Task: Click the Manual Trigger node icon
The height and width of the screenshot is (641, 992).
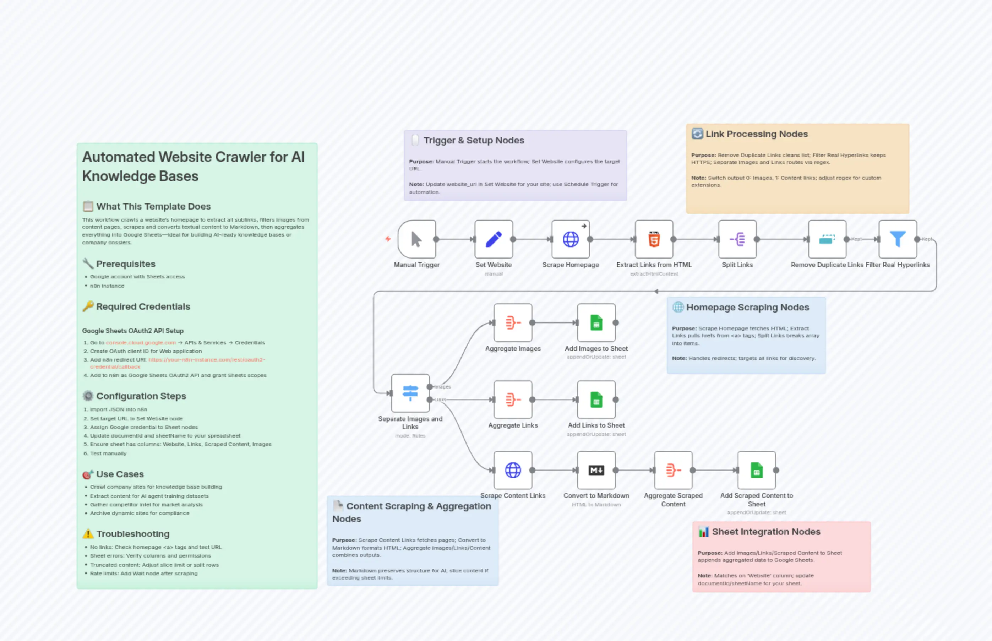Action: coord(416,239)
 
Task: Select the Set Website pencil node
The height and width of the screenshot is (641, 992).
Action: coord(494,239)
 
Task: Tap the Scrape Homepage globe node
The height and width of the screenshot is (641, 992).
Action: coord(571,239)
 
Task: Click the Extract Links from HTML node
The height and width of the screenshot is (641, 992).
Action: coord(654,239)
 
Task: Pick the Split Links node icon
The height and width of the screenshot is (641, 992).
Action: coord(737,239)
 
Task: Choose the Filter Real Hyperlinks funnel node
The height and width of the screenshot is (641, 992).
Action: coord(898,239)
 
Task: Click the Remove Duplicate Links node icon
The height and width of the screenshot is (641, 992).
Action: coord(827,239)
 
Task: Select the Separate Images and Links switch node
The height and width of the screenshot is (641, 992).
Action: coord(410,393)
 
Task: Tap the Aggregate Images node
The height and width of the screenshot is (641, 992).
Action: coord(513,322)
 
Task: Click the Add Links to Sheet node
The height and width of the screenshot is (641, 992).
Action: coord(596,400)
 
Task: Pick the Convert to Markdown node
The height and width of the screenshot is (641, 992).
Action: coord(596,470)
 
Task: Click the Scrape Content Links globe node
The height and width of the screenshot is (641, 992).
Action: coord(513,470)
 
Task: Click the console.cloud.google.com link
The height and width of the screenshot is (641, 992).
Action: coord(141,343)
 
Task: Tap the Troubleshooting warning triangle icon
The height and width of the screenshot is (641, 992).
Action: coord(88,534)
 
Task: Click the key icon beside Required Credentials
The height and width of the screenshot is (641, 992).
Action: coord(88,306)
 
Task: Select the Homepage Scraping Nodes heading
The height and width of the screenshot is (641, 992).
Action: coord(747,307)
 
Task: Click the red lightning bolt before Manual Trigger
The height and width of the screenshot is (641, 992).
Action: coord(388,239)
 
